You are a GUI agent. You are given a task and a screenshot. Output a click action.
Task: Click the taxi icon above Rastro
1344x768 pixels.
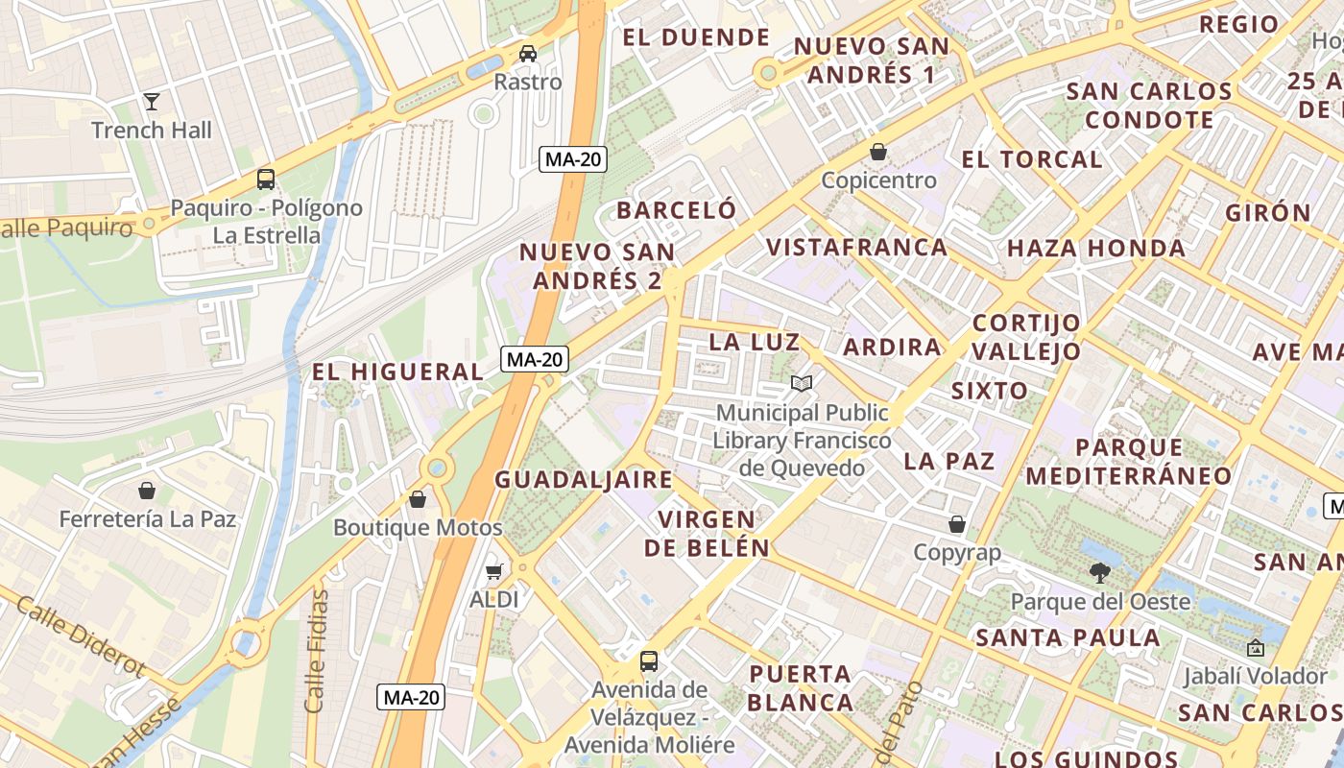[x=527, y=53]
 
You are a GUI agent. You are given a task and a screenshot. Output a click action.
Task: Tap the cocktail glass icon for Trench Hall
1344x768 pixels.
[x=152, y=101]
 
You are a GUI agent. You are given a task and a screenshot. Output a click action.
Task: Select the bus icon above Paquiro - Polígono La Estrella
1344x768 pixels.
[x=266, y=180]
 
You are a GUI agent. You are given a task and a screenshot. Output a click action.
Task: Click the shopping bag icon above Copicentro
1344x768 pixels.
[x=877, y=152]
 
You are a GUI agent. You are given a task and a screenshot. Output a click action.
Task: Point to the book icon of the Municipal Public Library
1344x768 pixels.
[x=802, y=384]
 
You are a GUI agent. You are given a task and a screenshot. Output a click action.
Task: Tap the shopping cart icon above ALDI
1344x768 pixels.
[x=494, y=572]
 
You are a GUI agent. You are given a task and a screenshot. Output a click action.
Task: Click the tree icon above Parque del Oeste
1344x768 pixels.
[x=1100, y=573]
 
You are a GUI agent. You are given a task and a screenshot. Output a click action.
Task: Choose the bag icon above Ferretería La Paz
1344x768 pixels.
[x=147, y=491]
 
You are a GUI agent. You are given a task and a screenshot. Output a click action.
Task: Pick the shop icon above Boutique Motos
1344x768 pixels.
[x=418, y=499]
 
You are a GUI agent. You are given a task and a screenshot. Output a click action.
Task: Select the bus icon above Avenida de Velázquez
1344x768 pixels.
[x=649, y=661]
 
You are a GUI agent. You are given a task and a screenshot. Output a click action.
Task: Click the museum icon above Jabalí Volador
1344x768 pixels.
[x=1255, y=648]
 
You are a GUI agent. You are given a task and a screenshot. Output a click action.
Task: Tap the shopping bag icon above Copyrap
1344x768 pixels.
[x=956, y=524]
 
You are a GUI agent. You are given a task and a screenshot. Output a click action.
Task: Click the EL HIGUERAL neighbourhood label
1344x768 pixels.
[x=397, y=372]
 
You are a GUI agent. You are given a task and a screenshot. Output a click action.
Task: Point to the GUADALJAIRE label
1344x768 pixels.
[x=584, y=480]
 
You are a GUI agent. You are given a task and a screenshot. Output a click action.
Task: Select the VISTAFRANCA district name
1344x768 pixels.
[x=856, y=248]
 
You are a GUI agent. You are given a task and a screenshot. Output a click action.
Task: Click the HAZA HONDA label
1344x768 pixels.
[x=1095, y=249]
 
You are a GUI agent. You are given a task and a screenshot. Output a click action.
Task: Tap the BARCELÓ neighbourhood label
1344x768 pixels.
[x=677, y=210]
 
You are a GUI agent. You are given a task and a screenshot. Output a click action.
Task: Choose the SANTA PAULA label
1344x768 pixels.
[x=1068, y=637]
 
